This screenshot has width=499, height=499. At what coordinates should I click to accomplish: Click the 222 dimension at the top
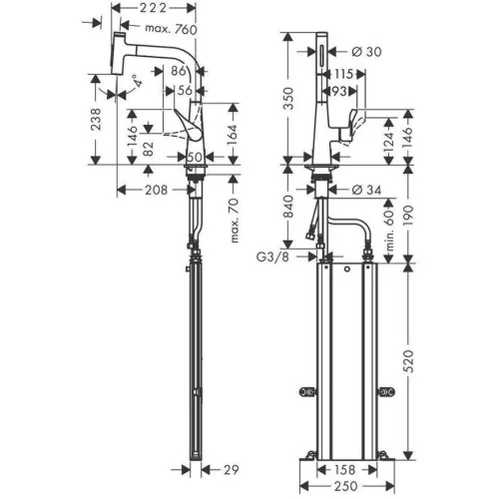[153, 8]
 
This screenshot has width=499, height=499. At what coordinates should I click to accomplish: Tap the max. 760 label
[171, 29]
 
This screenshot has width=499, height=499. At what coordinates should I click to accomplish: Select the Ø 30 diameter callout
[366, 52]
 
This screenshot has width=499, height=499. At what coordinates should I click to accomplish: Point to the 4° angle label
[138, 81]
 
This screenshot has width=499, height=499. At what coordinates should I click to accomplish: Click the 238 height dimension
[96, 119]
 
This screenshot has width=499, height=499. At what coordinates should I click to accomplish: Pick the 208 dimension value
[156, 190]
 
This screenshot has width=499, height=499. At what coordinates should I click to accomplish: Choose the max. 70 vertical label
[235, 221]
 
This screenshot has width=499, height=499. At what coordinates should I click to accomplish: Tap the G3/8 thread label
[272, 256]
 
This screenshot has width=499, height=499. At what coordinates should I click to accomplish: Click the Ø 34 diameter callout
[366, 190]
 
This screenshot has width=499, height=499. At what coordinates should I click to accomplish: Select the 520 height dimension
[409, 361]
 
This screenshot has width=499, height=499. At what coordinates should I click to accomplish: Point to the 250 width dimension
[346, 486]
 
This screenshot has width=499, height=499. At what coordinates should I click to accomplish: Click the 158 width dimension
[344, 470]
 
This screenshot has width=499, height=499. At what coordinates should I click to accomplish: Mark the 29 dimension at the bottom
[231, 470]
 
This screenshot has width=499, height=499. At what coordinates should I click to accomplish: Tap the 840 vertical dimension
[288, 207]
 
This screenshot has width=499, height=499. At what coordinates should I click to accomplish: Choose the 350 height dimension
[288, 98]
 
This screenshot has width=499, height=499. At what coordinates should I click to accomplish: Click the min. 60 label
[390, 226]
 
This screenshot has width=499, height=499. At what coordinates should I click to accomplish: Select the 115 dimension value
[343, 74]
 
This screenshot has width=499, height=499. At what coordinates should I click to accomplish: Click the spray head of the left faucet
[117, 53]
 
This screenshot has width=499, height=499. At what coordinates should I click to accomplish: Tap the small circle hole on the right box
[347, 269]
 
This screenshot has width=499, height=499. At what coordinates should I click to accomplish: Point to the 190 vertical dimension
[409, 216]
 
